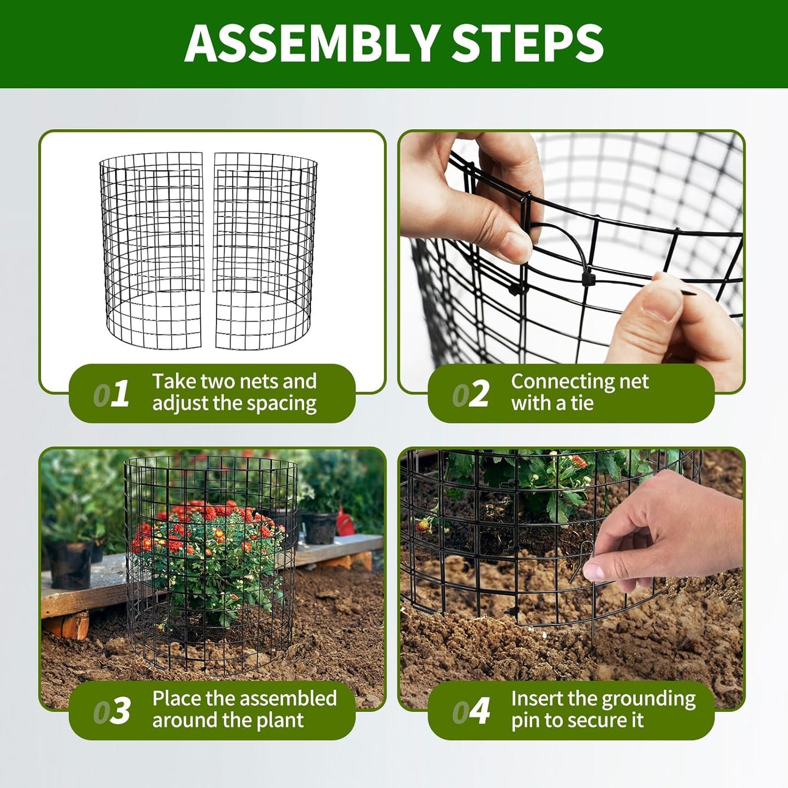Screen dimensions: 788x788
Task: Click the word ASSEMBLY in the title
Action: [311, 44]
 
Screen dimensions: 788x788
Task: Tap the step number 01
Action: [111, 394]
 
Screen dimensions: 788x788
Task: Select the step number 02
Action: [471, 394]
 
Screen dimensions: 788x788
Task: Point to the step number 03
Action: [111, 711]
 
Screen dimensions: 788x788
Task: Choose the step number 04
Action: [471, 711]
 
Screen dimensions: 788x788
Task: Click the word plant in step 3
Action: [280, 720]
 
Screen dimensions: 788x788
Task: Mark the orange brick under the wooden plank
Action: [68, 624]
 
